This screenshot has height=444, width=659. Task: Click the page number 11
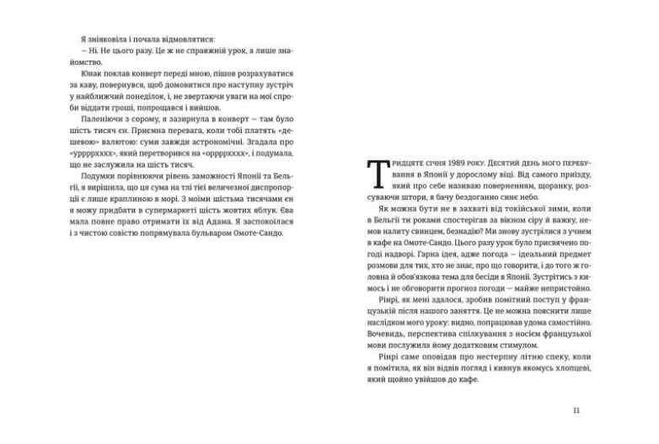[x=576, y=410]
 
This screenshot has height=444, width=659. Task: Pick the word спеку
[x=528, y=356]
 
